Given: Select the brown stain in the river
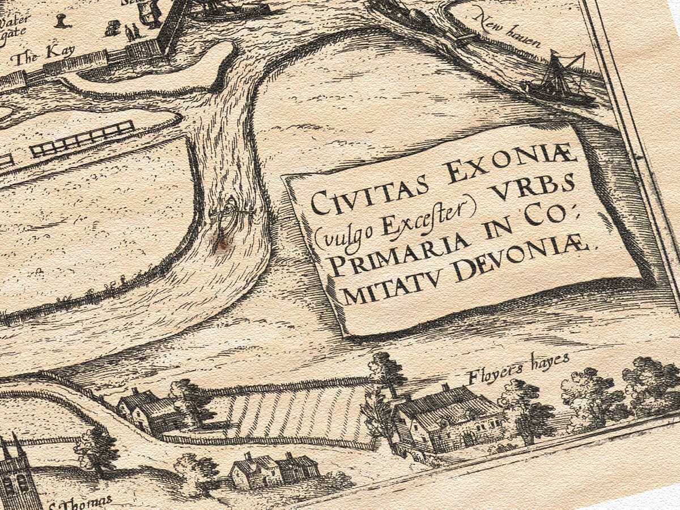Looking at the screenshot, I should click(x=223, y=243).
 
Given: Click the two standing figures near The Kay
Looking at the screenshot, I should click(x=131, y=32).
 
